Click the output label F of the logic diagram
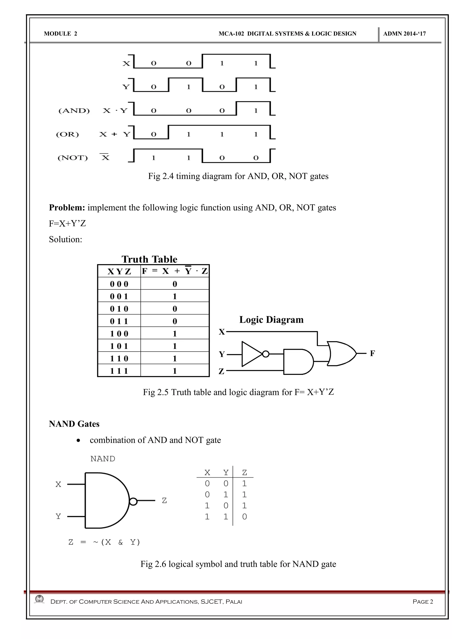[372, 353]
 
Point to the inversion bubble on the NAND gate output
[133, 502]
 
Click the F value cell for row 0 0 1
[175, 296]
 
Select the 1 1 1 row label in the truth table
[119, 371]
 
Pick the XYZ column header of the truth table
[119, 271]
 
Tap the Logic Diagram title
[271, 319]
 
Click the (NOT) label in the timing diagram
[73, 158]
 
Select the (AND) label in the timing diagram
[74, 111]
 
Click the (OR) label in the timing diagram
[68, 134]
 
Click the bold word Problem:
[67, 208]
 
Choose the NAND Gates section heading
[74, 424]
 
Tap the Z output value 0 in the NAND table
[244, 517]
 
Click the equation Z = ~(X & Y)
[104, 542]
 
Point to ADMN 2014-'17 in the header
[404, 34]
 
